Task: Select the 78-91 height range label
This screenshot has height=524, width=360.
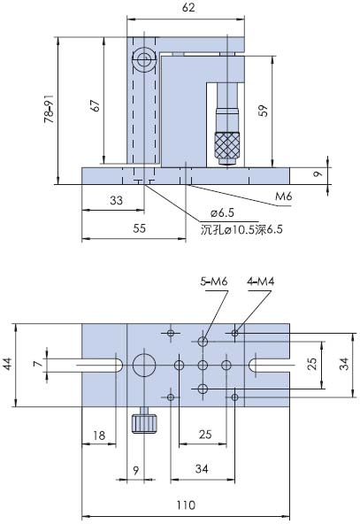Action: (x=50, y=111)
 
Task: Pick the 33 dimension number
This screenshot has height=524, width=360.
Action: (x=117, y=202)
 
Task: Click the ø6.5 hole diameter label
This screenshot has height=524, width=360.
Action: (x=223, y=213)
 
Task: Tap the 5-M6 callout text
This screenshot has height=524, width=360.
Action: (x=213, y=281)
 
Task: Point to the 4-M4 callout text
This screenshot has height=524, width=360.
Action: (x=261, y=281)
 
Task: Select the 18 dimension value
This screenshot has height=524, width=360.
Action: (x=99, y=435)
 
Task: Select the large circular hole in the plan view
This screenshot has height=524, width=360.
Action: (x=144, y=365)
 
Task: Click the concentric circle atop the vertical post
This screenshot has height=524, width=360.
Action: (x=144, y=61)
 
